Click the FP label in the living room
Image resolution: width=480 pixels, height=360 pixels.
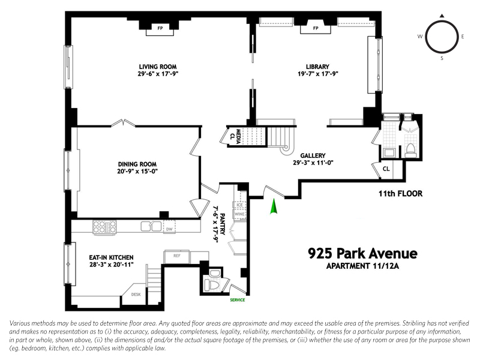click(x=160, y=28)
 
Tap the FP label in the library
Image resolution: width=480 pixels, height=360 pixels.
click(x=316, y=28)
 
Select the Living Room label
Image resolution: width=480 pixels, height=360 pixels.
click(x=158, y=67)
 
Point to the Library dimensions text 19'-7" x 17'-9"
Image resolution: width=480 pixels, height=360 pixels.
click(x=318, y=74)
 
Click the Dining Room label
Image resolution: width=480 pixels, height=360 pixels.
click(x=137, y=164)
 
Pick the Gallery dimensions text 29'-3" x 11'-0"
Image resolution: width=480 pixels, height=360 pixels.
click(x=313, y=163)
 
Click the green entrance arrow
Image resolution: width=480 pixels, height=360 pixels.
click(x=274, y=206)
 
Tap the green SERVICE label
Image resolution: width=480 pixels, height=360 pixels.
click(x=238, y=300)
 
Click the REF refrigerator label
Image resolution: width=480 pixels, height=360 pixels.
click(x=177, y=256)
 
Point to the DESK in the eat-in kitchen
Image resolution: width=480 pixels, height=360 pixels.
click(x=136, y=294)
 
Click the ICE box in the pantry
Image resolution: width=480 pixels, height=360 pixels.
click(x=239, y=205)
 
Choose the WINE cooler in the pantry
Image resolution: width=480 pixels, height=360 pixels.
click(x=239, y=214)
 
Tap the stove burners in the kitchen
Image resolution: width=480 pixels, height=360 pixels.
click(x=104, y=227)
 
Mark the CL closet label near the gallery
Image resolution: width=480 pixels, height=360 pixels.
click(x=386, y=169)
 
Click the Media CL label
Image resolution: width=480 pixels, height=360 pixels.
click(x=235, y=136)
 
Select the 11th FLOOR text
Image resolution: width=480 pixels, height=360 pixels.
click(x=400, y=193)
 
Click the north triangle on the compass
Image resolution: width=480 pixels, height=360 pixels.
click(x=442, y=16)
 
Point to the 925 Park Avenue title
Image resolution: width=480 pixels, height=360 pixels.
click(x=362, y=253)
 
